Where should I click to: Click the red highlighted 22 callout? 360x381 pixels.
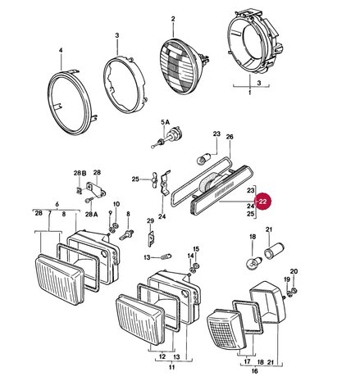(x=262, y=202)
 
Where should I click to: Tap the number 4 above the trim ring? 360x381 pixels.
(x=61, y=51)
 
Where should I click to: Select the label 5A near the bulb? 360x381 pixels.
(x=165, y=122)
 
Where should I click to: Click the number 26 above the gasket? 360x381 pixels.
(x=230, y=137)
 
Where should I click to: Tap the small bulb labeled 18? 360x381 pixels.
(x=253, y=264)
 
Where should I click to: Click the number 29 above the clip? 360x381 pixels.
(x=150, y=220)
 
